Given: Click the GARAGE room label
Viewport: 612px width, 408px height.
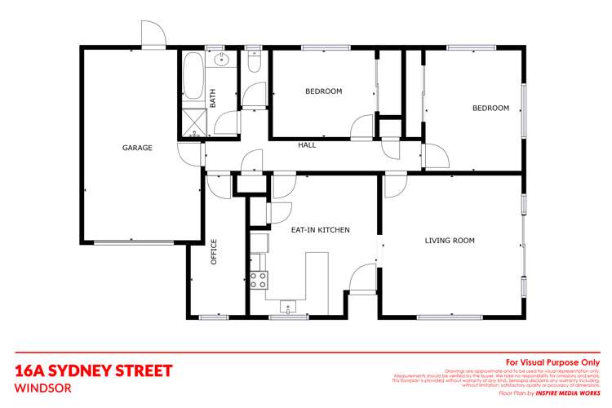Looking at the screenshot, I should tap(137, 148).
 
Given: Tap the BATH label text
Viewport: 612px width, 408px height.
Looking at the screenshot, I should tap(213, 99).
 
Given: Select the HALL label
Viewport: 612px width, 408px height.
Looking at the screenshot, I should tap(307, 144).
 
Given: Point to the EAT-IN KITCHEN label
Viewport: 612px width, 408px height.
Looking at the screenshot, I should tap(320, 230).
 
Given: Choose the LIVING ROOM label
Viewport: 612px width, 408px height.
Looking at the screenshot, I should tap(450, 241).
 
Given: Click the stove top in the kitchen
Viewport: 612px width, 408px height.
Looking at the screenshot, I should tap(259, 280).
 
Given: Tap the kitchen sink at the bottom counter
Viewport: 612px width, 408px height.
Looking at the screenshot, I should tap(287, 308).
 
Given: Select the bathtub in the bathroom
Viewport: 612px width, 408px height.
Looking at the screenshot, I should tap(193, 79).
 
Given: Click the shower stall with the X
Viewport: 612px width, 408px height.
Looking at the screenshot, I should tap(193, 122).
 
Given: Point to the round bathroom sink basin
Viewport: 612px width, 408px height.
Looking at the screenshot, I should tap(220, 60).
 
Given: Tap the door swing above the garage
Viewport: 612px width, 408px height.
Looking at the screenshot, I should tap(153, 34).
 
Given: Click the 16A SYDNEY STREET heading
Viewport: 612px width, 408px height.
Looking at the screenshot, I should tap(94, 371).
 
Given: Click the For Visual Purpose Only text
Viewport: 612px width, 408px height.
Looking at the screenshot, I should tap(552, 361).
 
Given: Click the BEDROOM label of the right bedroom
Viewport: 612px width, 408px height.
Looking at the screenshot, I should tap(490, 108).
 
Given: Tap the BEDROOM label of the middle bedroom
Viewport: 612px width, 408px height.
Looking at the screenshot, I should tap(323, 91).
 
